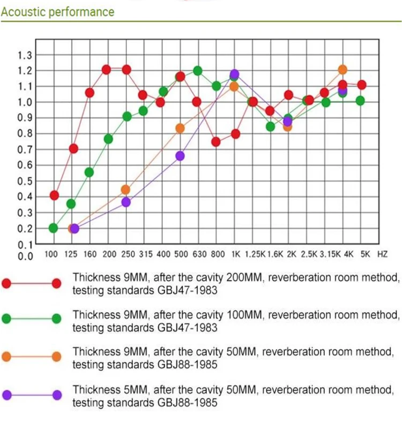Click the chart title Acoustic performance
[57, 11]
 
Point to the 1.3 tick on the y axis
[25, 55]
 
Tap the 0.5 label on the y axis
[25, 180]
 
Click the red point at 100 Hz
[54, 195]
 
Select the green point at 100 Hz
[54, 228]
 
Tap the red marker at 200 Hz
[106, 70]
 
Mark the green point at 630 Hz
[197, 71]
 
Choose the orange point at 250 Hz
[125, 190]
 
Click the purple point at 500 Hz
[180, 156]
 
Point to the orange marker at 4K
[343, 70]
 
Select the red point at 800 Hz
[216, 142]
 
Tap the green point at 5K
[360, 100]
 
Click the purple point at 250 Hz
[125, 202]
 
